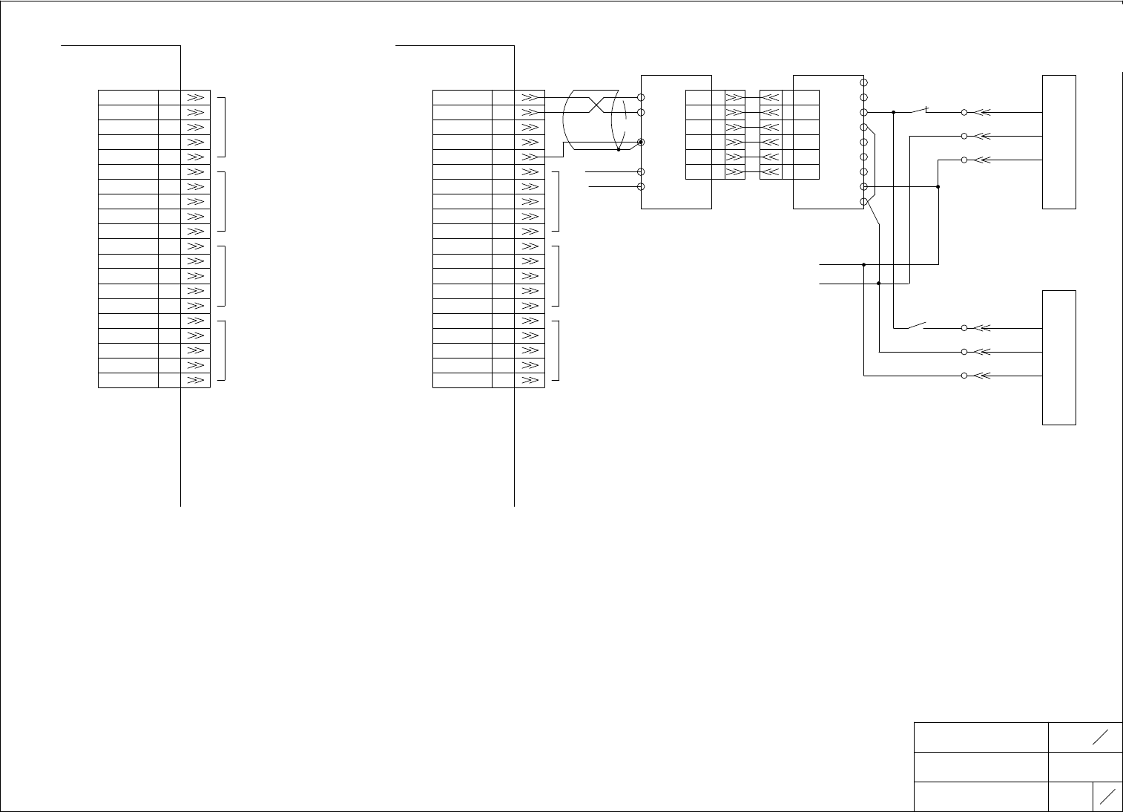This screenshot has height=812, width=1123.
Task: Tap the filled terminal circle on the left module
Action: (641, 142)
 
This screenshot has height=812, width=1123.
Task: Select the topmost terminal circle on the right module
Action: (864, 82)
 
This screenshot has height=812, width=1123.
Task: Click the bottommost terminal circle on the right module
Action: (864, 202)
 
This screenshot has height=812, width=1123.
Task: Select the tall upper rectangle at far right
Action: (1059, 142)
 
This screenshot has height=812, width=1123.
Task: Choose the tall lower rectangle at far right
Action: (1059, 358)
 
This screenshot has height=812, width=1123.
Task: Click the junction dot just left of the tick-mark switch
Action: (894, 113)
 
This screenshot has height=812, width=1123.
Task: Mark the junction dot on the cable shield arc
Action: (619, 149)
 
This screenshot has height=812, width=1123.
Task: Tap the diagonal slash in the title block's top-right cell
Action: (1100, 736)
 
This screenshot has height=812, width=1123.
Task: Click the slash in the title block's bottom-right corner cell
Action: (1108, 796)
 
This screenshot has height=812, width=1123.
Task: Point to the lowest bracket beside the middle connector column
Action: (556, 350)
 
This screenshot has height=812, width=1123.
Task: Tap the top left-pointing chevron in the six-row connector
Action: (771, 97)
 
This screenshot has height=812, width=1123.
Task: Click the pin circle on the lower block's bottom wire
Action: (964, 376)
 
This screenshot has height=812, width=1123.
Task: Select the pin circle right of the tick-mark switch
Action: (964, 113)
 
